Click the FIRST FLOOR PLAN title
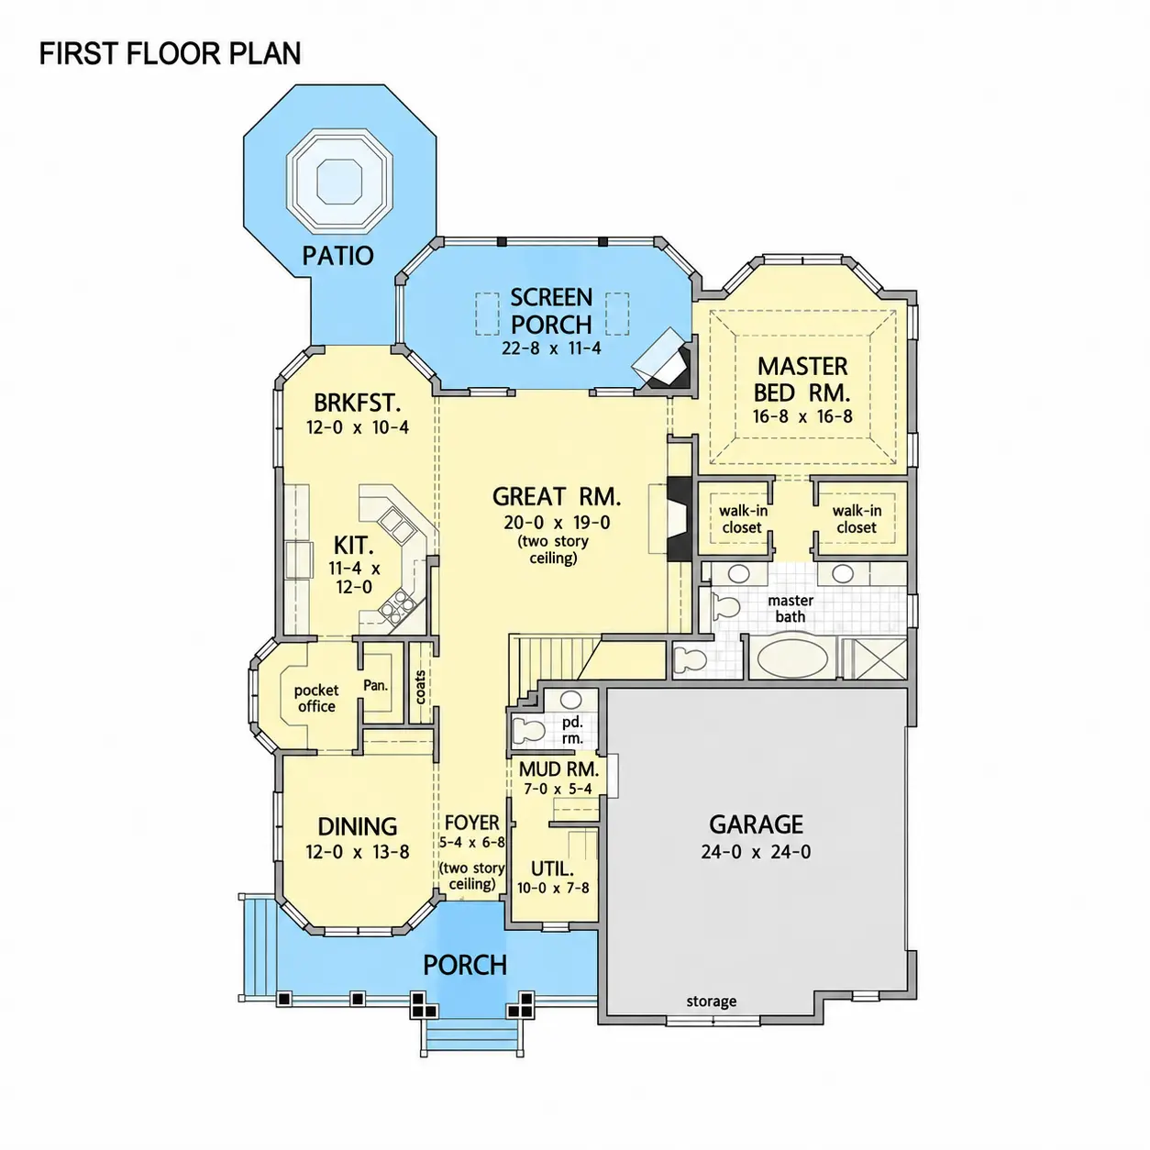pyautogui.click(x=170, y=54)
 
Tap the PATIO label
pyautogui.click(x=337, y=256)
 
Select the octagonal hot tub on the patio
pyautogui.click(x=339, y=181)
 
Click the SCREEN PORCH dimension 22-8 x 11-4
pyautogui.click(x=551, y=348)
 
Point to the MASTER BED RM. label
pyautogui.click(x=802, y=380)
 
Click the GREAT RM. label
pyautogui.click(x=557, y=496)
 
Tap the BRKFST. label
pyautogui.click(x=357, y=404)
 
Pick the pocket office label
pyautogui.click(x=316, y=698)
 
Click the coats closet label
pyautogui.click(x=420, y=688)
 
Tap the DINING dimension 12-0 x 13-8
pyautogui.click(x=358, y=852)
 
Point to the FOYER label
pyautogui.click(x=471, y=823)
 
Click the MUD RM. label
pyautogui.click(x=558, y=769)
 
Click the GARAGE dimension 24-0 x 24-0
pyautogui.click(x=757, y=852)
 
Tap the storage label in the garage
pyautogui.click(x=712, y=1001)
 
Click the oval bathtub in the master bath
pyautogui.click(x=792, y=658)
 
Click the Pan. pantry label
pyautogui.click(x=375, y=686)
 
